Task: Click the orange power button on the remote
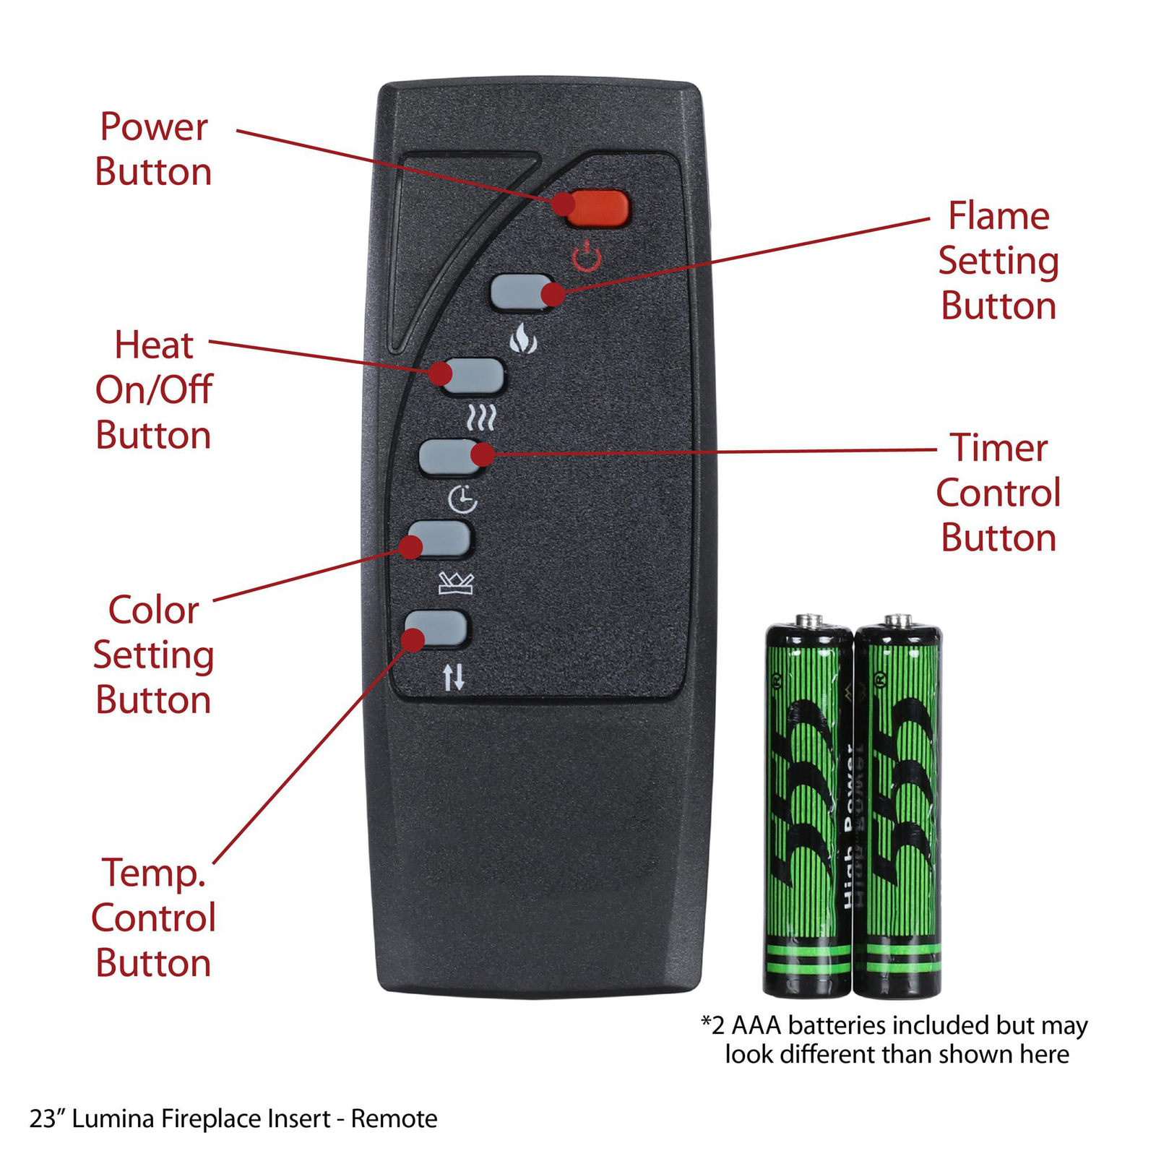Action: [597, 209]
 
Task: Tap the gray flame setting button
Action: [522, 292]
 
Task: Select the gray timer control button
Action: [451, 457]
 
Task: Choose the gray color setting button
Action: [439, 539]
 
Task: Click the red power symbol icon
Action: [587, 257]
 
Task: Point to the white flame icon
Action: [523, 338]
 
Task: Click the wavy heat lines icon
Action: [481, 418]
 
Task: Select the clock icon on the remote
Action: [462, 499]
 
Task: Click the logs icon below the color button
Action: [456, 583]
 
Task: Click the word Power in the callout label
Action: [154, 127]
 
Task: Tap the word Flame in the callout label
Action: [998, 216]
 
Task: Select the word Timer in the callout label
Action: [998, 448]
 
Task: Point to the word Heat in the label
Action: [154, 345]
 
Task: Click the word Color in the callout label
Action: [153, 611]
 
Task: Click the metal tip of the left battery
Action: [809, 621]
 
